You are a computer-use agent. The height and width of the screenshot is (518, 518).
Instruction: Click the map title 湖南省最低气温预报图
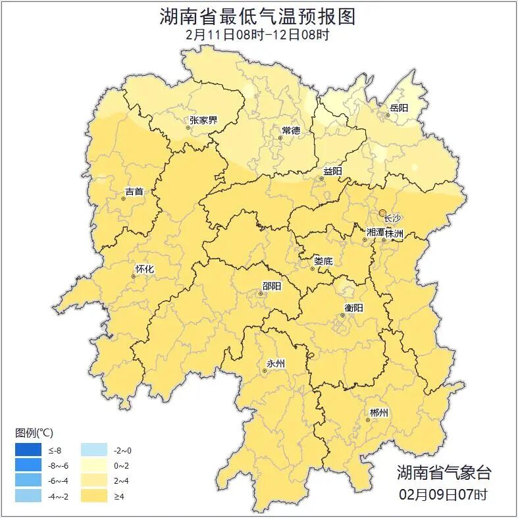point(259,16)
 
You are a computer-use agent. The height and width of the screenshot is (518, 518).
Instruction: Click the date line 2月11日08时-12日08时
point(259,35)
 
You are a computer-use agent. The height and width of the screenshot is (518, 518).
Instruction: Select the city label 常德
point(290,130)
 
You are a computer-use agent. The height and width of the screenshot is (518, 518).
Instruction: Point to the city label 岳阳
point(398,108)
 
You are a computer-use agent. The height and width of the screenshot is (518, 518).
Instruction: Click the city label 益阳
point(332,171)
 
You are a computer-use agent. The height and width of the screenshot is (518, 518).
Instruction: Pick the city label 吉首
point(134,192)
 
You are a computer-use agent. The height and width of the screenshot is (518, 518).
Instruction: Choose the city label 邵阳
point(271,286)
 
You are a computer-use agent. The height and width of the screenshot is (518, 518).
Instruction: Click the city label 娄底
point(323,261)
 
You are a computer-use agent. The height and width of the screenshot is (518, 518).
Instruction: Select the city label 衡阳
point(353,307)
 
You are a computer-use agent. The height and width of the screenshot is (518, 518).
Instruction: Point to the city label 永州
point(275,363)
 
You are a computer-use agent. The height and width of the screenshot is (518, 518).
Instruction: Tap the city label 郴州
point(378,413)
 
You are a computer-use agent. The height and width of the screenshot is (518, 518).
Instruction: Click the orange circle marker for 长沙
point(382,213)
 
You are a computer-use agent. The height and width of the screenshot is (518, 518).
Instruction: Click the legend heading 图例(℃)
point(34,432)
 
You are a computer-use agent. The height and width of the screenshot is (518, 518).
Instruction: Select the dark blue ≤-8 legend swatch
point(28,450)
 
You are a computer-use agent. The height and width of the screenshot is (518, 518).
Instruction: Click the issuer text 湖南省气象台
point(444,473)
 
